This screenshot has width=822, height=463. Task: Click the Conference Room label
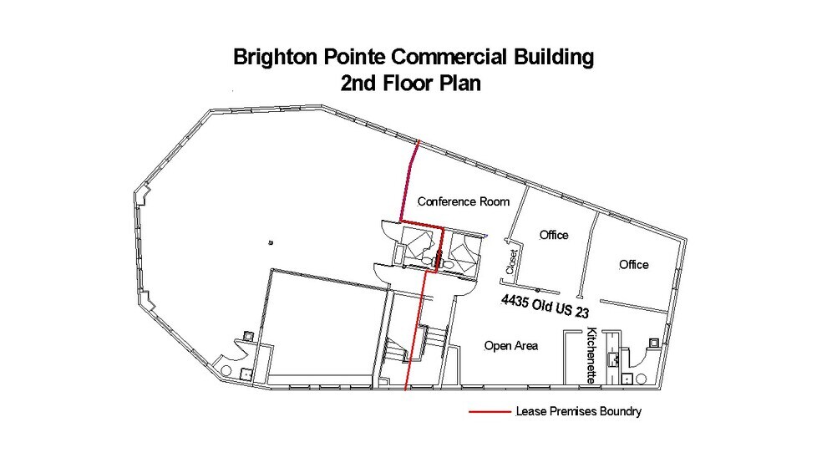463,201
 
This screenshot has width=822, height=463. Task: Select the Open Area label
511,345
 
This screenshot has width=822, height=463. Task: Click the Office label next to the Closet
553,235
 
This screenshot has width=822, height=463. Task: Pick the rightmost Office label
633,265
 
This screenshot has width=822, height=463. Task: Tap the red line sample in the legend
489,411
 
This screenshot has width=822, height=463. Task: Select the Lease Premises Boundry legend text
579,412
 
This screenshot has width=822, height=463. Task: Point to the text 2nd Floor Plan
414,84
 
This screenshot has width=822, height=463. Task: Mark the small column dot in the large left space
270,242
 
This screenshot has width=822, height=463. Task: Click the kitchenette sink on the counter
615,359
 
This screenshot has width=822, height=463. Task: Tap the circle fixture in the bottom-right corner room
642,379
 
